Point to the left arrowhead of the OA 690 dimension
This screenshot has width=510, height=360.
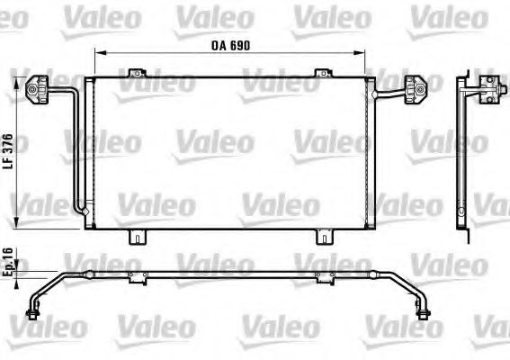(x=96, y=52)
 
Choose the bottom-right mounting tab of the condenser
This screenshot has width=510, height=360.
(x=322, y=237)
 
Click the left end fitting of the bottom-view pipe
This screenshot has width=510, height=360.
(x=35, y=313)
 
